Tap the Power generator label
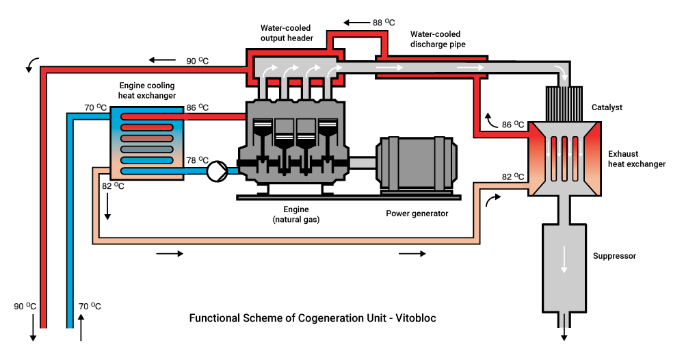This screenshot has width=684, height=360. pyautogui.click(x=417, y=214)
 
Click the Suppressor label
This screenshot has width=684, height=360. pyautogui.click(x=614, y=256)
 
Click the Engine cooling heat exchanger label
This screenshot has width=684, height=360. pyautogui.click(x=146, y=90)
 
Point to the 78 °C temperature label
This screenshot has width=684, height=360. pyautogui.click(x=198, y=159)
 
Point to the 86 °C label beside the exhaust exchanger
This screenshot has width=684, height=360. pyautogui.click(x=512, y=125)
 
